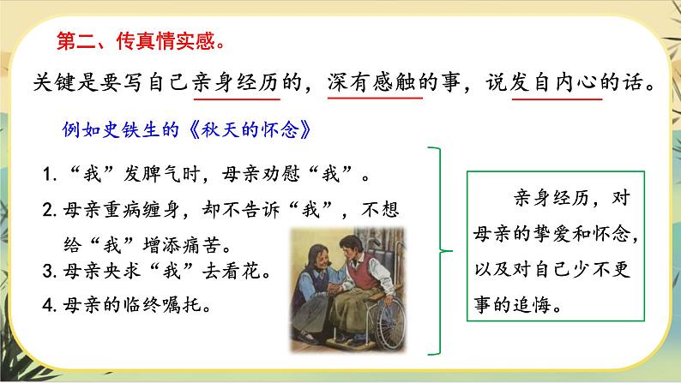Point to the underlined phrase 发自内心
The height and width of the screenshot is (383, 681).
click(x=558, y=82)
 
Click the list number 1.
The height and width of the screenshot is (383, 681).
click(x=49, y=177)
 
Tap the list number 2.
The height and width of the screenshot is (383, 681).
click(x=49, y=210)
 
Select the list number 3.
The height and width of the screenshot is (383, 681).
click(x=49, y=273)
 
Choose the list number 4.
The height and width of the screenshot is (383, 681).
click(x=49, y=304)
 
